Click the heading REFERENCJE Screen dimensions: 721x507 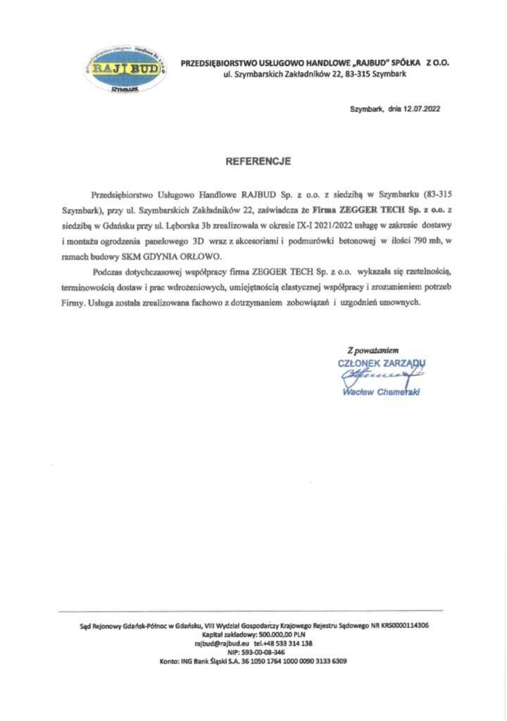pyautogui.click(x=258, y=161)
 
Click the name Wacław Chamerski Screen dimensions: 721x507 pyautogui.click(x=381, y=392)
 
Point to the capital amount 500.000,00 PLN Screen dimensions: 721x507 pyautogui.click(x=274, y=634)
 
